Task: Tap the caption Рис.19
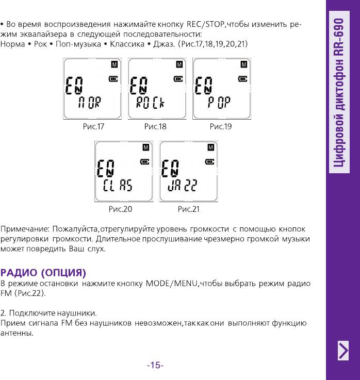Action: coord(221,126)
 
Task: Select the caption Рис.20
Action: coord(120,209)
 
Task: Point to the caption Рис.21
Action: coord(188,209)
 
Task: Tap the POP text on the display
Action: coord(219,104)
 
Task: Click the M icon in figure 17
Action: coord(114,64)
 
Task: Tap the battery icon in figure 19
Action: coord(242,79)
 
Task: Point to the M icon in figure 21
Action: coord(210,147)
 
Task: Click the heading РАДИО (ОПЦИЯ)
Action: coord(43,272)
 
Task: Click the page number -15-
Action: coord(155,366)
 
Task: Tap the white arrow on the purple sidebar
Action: coord(343,351)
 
